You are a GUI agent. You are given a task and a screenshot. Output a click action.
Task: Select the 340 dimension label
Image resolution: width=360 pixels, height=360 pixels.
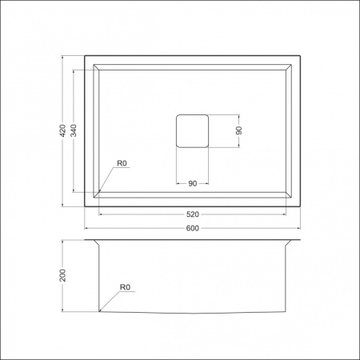(74, 130)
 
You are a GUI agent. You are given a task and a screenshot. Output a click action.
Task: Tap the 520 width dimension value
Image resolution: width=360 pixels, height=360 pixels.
(192, 214)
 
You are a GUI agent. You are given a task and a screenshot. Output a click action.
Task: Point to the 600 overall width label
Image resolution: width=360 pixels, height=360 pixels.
(192, 229)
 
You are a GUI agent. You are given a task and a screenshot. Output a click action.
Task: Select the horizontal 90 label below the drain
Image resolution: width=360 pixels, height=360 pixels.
(192, 184)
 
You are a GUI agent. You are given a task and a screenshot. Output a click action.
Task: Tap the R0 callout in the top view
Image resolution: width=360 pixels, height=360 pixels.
(122, 164)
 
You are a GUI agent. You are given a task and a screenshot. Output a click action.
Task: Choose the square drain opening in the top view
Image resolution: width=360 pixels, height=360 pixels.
(192, 130)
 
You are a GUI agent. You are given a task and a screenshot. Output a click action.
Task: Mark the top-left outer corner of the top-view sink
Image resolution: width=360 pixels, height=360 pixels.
(85, 56)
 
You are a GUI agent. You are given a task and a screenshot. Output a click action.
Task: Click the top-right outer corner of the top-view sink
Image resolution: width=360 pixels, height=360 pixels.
(299, 56)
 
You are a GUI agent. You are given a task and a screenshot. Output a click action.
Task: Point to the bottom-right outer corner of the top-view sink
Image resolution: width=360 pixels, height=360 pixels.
(299, 206)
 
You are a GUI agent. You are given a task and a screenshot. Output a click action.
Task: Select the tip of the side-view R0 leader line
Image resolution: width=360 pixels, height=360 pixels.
(99, 310)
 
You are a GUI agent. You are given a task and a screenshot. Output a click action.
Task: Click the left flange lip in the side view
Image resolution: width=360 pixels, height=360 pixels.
(90, 242)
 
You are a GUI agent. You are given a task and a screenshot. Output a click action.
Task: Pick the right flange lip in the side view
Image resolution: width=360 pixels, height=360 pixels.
(294, 242)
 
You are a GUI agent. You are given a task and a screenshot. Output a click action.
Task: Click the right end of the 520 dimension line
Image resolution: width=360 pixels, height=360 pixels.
(286, 214)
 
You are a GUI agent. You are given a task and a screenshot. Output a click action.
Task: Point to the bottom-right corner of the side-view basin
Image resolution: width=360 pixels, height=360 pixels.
(286, 310)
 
